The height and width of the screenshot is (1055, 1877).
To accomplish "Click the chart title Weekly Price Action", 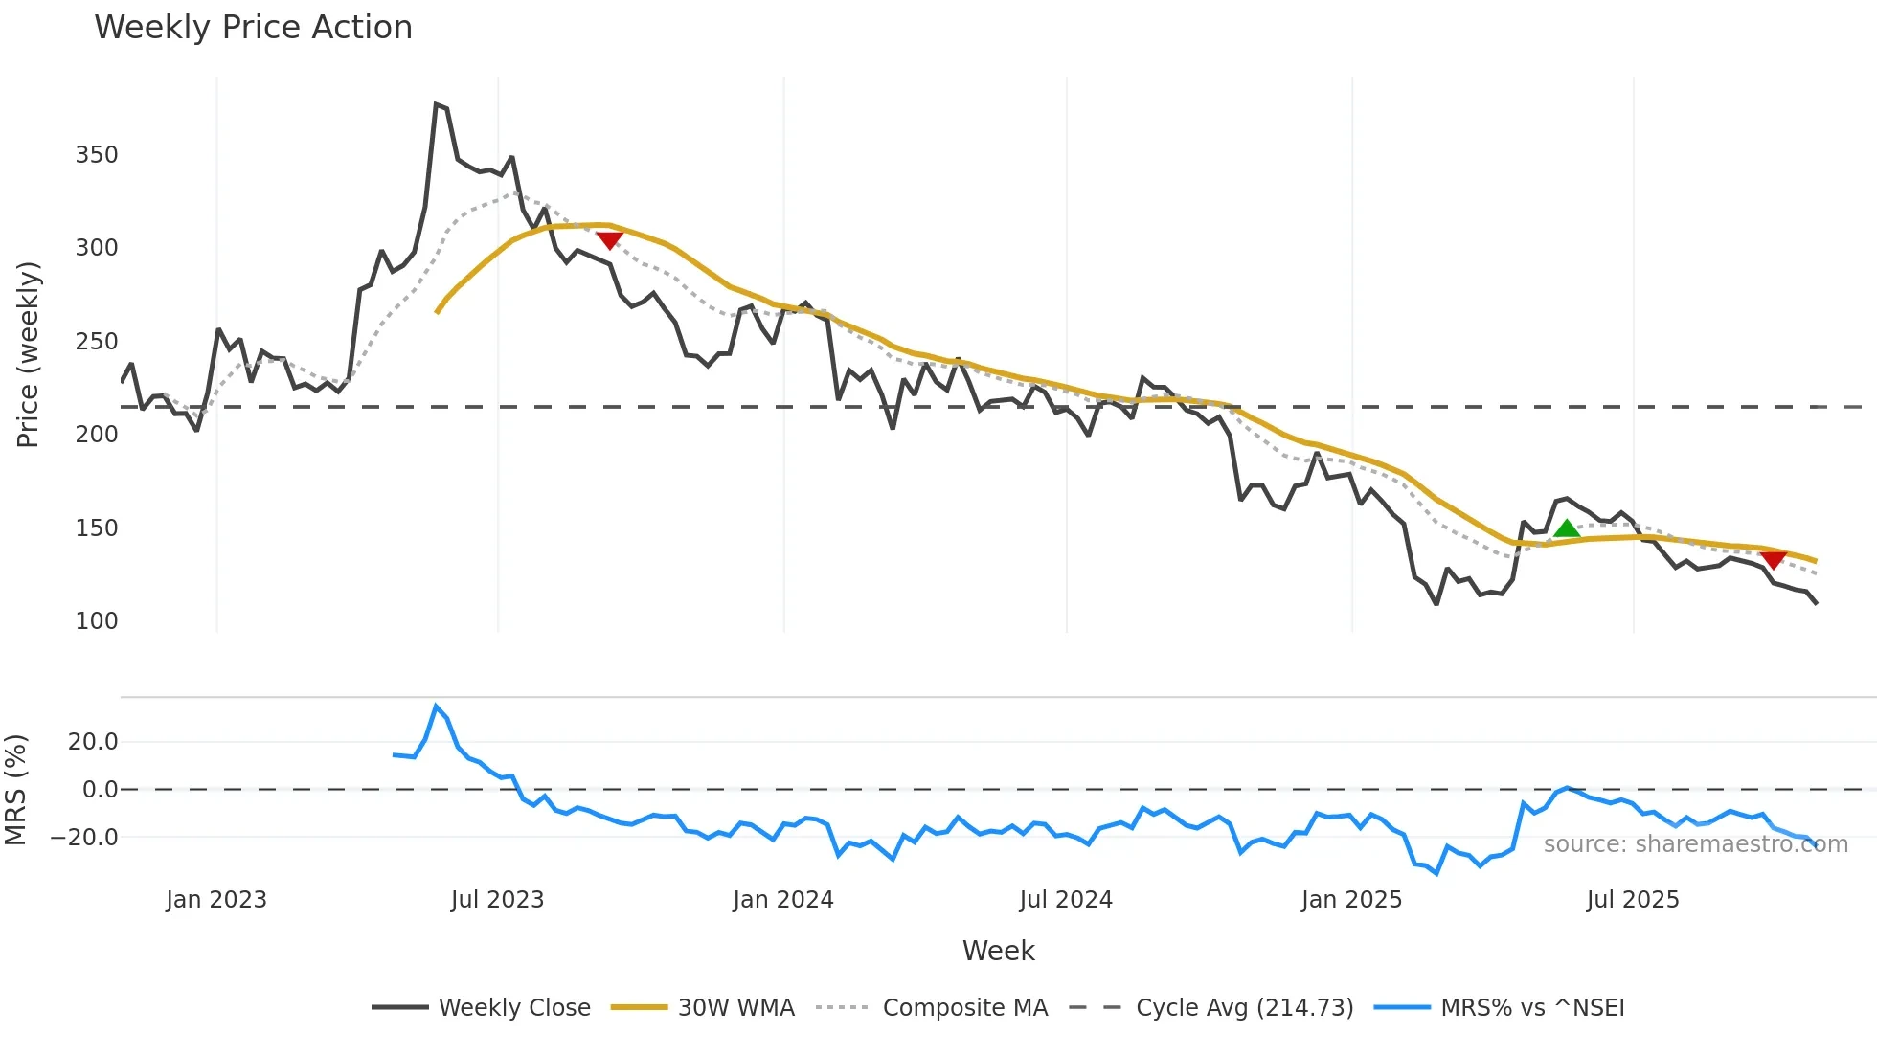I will click(x=253, y=28).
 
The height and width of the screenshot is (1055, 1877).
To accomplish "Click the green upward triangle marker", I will click(x=1566, y=528).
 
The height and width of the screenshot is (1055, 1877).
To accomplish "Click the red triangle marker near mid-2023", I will click(x=609, y=239).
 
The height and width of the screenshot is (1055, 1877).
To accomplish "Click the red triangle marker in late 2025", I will click(x=1773, y=559).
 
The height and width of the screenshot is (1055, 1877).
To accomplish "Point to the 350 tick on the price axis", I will click(x=97, y=155).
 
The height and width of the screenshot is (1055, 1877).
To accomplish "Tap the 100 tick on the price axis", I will click(x=97, y=621).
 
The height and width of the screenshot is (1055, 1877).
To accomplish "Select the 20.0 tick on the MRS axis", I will click(x=93, y=742).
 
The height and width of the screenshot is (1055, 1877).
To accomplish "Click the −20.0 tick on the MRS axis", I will click(x=85, y=838).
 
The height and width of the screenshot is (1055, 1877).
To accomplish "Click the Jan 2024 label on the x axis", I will click(x=783, y=900).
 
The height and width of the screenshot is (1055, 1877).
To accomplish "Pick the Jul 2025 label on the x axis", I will click(x=1633, y=900).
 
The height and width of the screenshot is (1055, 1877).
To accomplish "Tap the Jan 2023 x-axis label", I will click(x=216, y=900).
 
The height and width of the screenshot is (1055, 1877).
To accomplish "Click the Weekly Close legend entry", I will click(x=514, y=1008).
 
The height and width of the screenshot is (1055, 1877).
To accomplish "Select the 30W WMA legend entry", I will click(x=735, y=1008).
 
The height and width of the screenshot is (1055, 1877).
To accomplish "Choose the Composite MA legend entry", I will click(x=964, y=1008).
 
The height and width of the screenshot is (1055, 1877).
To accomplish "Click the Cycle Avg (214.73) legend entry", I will click(x=1244, y=1008).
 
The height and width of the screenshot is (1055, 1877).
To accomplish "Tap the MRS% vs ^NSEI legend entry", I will click(x=1532, y=1008).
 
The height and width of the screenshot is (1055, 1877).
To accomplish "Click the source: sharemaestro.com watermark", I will click(x=1695, y=844).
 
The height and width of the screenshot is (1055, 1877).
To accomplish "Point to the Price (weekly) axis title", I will click(x=28, y=354).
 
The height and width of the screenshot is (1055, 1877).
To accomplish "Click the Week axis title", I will click(x=998, y=951).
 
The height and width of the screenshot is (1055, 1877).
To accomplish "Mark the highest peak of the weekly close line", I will click(x=436, y=104).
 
